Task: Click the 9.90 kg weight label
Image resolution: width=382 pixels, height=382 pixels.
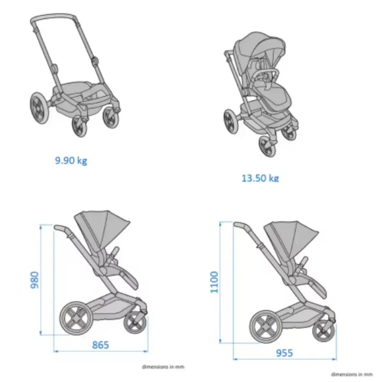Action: coord(71,160)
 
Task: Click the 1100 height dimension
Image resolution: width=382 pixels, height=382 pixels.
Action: coord(215,282)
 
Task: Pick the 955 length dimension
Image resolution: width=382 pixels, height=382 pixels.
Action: coord(284,353)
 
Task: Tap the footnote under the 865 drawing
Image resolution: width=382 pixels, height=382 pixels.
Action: coord(163,367)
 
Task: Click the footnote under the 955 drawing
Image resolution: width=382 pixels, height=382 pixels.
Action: coord(351,374)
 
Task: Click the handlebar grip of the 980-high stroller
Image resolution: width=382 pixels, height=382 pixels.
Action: coord(61,228)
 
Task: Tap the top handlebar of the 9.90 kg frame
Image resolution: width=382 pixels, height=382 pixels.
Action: coord(54,17)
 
